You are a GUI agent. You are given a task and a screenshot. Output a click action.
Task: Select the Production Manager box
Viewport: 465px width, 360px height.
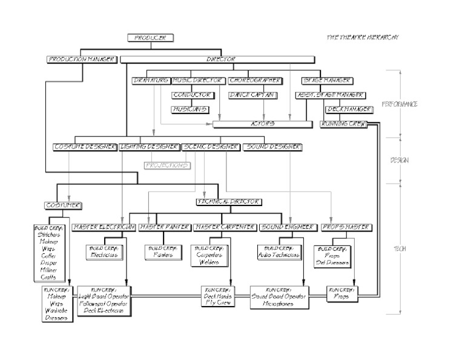[81, 59]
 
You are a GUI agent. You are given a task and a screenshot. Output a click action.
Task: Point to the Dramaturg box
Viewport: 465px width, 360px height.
[151, 81]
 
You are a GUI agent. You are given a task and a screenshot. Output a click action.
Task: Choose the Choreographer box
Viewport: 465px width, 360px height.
[255, 81]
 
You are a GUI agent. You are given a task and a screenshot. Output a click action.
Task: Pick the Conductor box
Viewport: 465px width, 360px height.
[192, 95]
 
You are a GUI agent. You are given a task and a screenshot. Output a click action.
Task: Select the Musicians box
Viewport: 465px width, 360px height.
[190, 109]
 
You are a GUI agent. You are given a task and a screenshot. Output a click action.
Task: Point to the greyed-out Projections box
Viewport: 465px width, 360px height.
[167, 165]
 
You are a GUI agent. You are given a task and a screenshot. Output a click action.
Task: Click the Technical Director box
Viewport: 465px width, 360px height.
[229, 201]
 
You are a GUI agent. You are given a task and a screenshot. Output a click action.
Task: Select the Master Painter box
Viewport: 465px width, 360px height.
[164, 227]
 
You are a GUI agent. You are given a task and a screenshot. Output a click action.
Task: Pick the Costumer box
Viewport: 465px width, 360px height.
[63, 205]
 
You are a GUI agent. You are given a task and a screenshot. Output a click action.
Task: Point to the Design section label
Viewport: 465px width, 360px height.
[400, 160]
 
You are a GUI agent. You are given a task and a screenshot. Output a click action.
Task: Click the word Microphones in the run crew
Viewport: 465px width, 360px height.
[279, 304]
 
